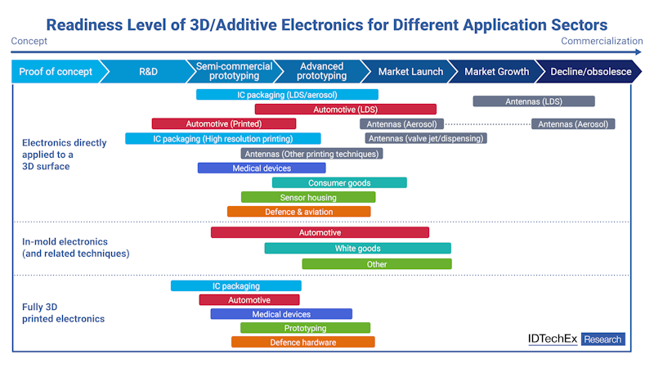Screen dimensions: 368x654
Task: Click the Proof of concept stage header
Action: click(55, 72)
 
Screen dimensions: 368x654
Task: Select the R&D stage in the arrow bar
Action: click(148, 72)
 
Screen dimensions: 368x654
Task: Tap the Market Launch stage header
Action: click(410, 72)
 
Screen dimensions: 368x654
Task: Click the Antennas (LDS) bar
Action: click(534, 101)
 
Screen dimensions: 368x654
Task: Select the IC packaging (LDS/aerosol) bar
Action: click(287, 95)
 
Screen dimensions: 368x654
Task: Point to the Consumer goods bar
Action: click(339, 183)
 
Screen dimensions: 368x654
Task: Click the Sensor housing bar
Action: click(308, 197)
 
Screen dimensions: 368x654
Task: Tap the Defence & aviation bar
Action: click(298, 212)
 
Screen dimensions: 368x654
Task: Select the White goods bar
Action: click(357, 249)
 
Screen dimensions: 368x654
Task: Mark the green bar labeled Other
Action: click(377, 264)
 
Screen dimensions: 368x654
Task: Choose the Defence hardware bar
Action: click(302, 342)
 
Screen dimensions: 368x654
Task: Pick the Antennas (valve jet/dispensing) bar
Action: click(425, 138)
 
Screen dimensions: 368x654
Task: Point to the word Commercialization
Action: click(602, 41)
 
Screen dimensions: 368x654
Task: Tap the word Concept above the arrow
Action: click(29, 41)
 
